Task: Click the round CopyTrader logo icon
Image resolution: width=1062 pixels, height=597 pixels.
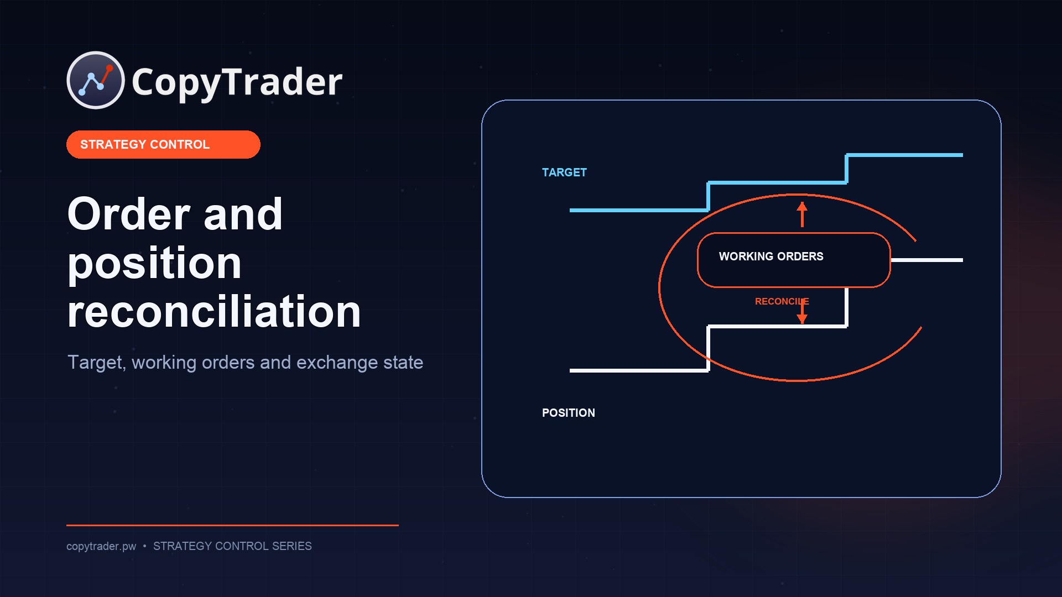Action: point(96,80)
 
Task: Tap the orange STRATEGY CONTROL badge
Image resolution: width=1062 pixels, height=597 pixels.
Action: point(163,144)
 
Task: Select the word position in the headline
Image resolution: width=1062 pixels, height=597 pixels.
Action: point(154,264)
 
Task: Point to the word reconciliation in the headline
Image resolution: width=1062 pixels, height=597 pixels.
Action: point(214,311)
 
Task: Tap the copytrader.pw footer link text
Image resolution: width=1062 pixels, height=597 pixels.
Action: point(101,546)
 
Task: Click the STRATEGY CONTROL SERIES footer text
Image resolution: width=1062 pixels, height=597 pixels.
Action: point(232,546)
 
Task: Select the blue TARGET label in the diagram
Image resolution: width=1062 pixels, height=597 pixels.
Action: point(564,172)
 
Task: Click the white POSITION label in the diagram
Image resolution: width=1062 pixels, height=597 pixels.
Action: point(569,413)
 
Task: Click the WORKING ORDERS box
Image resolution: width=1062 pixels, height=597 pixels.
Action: point(794,260)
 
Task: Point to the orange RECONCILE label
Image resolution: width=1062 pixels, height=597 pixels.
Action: point(782,301)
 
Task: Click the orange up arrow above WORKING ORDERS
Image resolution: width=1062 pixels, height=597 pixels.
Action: point(802,214)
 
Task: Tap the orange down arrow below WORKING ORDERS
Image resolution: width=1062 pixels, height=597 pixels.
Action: point(802,311)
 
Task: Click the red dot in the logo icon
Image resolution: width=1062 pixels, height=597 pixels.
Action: point(110,68)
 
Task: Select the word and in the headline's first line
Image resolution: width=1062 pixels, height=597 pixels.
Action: point(243,214)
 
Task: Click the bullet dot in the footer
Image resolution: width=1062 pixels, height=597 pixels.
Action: point(144,546)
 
